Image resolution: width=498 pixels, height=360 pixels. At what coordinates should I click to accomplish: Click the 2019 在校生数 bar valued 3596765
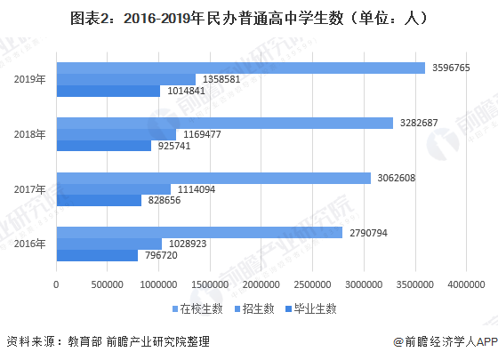point(240,68)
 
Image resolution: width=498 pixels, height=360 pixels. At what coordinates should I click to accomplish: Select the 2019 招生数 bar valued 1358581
point(125,79)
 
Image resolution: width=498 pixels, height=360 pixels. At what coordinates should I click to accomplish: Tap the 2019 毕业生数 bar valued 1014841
point(108,91)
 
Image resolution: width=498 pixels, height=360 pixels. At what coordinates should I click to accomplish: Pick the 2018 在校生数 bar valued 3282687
point(224,123)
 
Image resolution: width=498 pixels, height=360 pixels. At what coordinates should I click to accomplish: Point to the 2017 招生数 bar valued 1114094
point(113,189)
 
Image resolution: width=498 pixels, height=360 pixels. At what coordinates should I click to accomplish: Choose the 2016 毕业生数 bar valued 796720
point(97,255)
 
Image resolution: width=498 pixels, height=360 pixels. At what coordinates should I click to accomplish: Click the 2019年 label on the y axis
point(31,79)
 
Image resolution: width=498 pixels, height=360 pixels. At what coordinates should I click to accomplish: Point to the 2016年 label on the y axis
point(31,244)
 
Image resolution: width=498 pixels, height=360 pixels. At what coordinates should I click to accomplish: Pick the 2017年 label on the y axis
point(31,189)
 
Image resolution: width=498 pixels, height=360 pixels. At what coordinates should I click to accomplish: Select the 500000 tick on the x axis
point(108,284)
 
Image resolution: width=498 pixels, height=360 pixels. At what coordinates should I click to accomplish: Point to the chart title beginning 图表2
point(248,17)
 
